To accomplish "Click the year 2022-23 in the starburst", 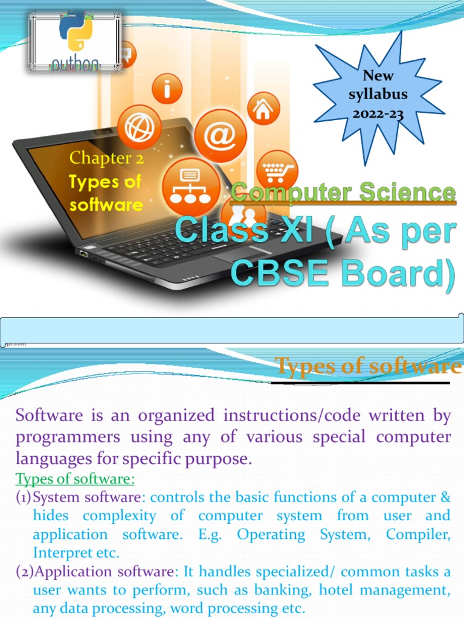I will [x=378, y=113].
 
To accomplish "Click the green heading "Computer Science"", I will [x=343, y=193].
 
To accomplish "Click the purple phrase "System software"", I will [x=88, y=498].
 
